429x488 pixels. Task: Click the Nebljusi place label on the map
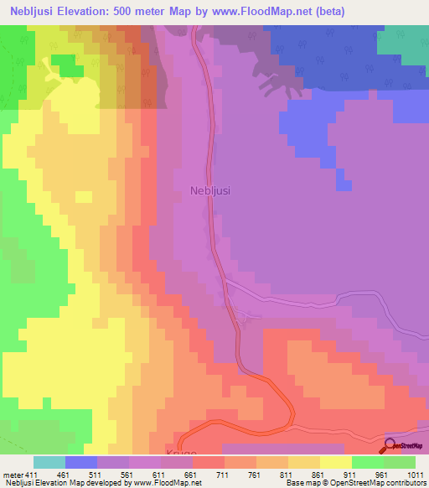coord(210,190)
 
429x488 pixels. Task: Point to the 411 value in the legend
coord(31,474)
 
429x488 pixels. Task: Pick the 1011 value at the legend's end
coord(416,474)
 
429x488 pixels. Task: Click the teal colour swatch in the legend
coord(49,462)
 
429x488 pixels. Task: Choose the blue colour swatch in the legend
coord(81,462)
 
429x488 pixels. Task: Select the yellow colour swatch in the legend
coord(336,462)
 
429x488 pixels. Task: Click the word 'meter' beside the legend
coord(12,474)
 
